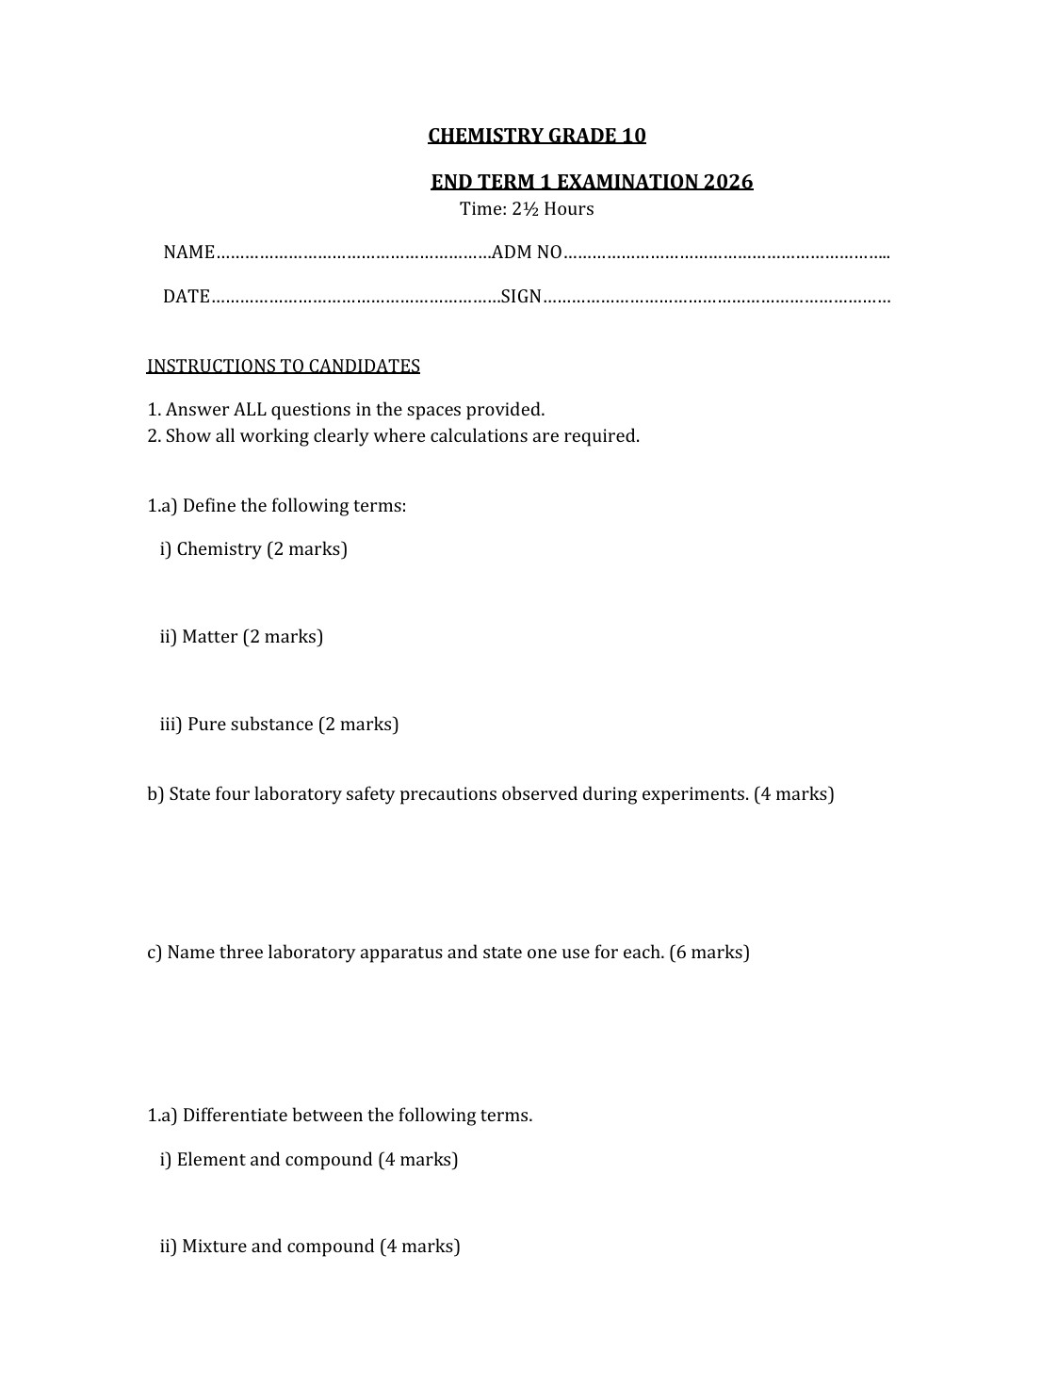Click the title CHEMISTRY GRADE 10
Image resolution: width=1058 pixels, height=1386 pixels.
537,136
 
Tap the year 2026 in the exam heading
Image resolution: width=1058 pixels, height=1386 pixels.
728,182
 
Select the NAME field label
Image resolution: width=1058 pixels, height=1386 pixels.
189,253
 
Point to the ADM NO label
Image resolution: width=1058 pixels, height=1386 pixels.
527,253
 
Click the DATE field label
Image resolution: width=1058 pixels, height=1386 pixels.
187,297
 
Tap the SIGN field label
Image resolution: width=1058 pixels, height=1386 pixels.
521,297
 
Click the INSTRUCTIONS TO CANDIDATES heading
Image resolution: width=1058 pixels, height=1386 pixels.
283,366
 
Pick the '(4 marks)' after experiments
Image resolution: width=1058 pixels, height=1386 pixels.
793,794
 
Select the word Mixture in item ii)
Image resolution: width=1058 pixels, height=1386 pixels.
214,1247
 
